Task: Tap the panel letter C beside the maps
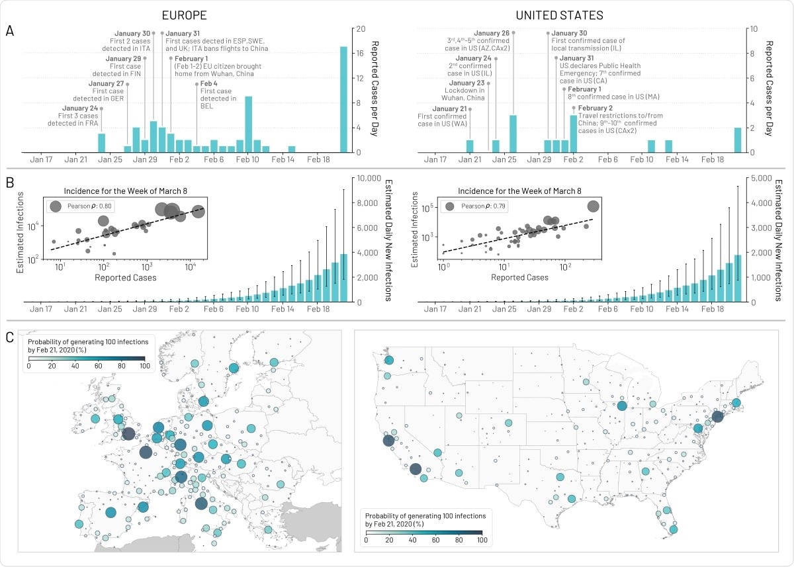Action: click(9, 337)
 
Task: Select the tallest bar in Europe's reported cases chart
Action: click(343, 99)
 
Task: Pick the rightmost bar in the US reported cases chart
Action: click(738, 140)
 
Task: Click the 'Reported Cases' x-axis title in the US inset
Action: click(519, 278)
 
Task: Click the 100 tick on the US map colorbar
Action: click(482, 541)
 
